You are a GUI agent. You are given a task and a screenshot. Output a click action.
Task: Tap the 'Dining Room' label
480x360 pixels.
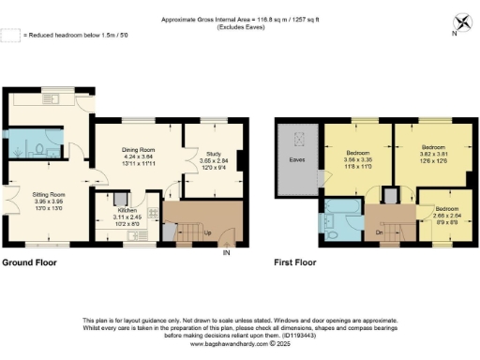(x=144, y=149)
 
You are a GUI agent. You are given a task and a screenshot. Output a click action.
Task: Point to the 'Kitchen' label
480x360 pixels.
(x=127, y=211)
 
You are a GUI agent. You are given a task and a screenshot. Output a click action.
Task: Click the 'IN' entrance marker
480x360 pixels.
(x=225, y=252)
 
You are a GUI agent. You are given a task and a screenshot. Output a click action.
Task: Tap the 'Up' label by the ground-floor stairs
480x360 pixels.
(x=194, y=231)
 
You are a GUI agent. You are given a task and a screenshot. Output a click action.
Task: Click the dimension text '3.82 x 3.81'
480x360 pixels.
(x=431, y=155)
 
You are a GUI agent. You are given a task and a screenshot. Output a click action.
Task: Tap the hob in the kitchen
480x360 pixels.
(x=125, y=199)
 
